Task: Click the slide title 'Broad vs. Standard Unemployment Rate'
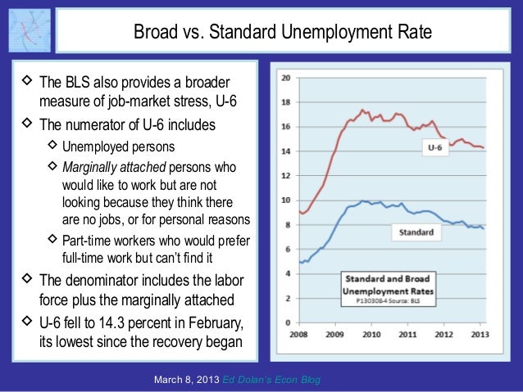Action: tap(283, 34)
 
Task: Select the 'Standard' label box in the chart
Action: tap(416, 232)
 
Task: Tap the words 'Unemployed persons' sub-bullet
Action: tap(118, 147)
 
